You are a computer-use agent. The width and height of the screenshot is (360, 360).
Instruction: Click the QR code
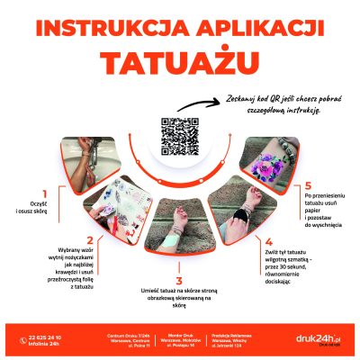pyautogui.click(x=179, y=137)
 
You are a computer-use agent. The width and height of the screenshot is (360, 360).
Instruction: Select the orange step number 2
pyautogui.click(x=89, y=239)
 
